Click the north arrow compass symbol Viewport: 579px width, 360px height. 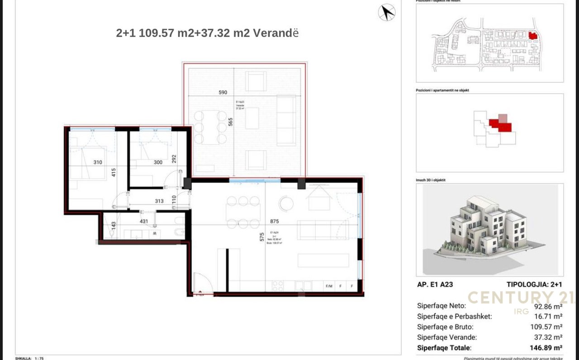tap(387, 12)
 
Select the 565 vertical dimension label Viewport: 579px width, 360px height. tap(230, 122)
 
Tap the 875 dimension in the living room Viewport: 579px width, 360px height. tap(274, 222)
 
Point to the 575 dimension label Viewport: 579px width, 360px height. tap(261, 237)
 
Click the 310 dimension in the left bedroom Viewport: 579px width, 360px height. tap(97, 162)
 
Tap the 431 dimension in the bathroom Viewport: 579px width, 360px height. tap(143, 221)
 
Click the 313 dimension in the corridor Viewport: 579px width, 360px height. tap(159, 201)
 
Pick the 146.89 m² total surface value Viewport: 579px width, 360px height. tap(546, 348)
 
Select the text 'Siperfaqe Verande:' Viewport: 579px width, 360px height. tap(446, 337)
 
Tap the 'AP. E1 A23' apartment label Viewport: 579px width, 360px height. tap(435, 284)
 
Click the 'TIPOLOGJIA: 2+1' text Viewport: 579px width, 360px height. tap(534, 284)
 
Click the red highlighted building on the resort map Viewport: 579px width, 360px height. tap(532, 35)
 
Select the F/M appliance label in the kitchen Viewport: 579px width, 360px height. tap(329, 286)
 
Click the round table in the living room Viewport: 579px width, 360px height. tap(286, 203)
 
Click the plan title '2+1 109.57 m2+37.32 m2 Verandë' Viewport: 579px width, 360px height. tap(207, 33)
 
